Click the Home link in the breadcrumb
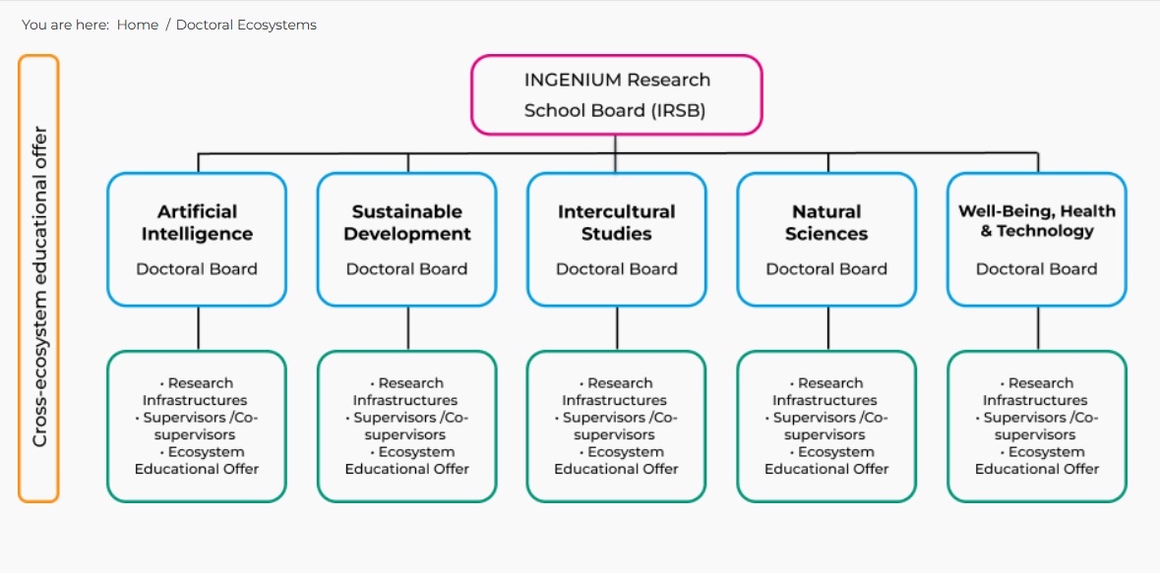coord(137,25)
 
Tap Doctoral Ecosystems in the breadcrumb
coord(246,25)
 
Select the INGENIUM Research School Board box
coord(616,94)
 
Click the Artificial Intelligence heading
coord(197,222)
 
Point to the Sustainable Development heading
coord(407,222)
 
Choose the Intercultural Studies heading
coord(617,222)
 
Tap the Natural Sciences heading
coord(826,222)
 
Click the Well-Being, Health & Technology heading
coord(1037,220)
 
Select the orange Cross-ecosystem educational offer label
coord(39,279)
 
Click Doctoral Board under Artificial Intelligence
coord(197,268)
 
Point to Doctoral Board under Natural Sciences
coord(826,268)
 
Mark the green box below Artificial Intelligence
coord(197,426)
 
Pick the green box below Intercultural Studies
coord(617,426)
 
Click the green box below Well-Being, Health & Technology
coord(1037,426)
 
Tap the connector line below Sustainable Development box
coord(408,328)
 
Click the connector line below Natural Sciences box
coord(828,328)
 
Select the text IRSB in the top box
coord(678,110)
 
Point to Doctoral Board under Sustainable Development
coord(407,268)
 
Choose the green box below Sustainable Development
coord(407,426)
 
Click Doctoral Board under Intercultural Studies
coord(617,268)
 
